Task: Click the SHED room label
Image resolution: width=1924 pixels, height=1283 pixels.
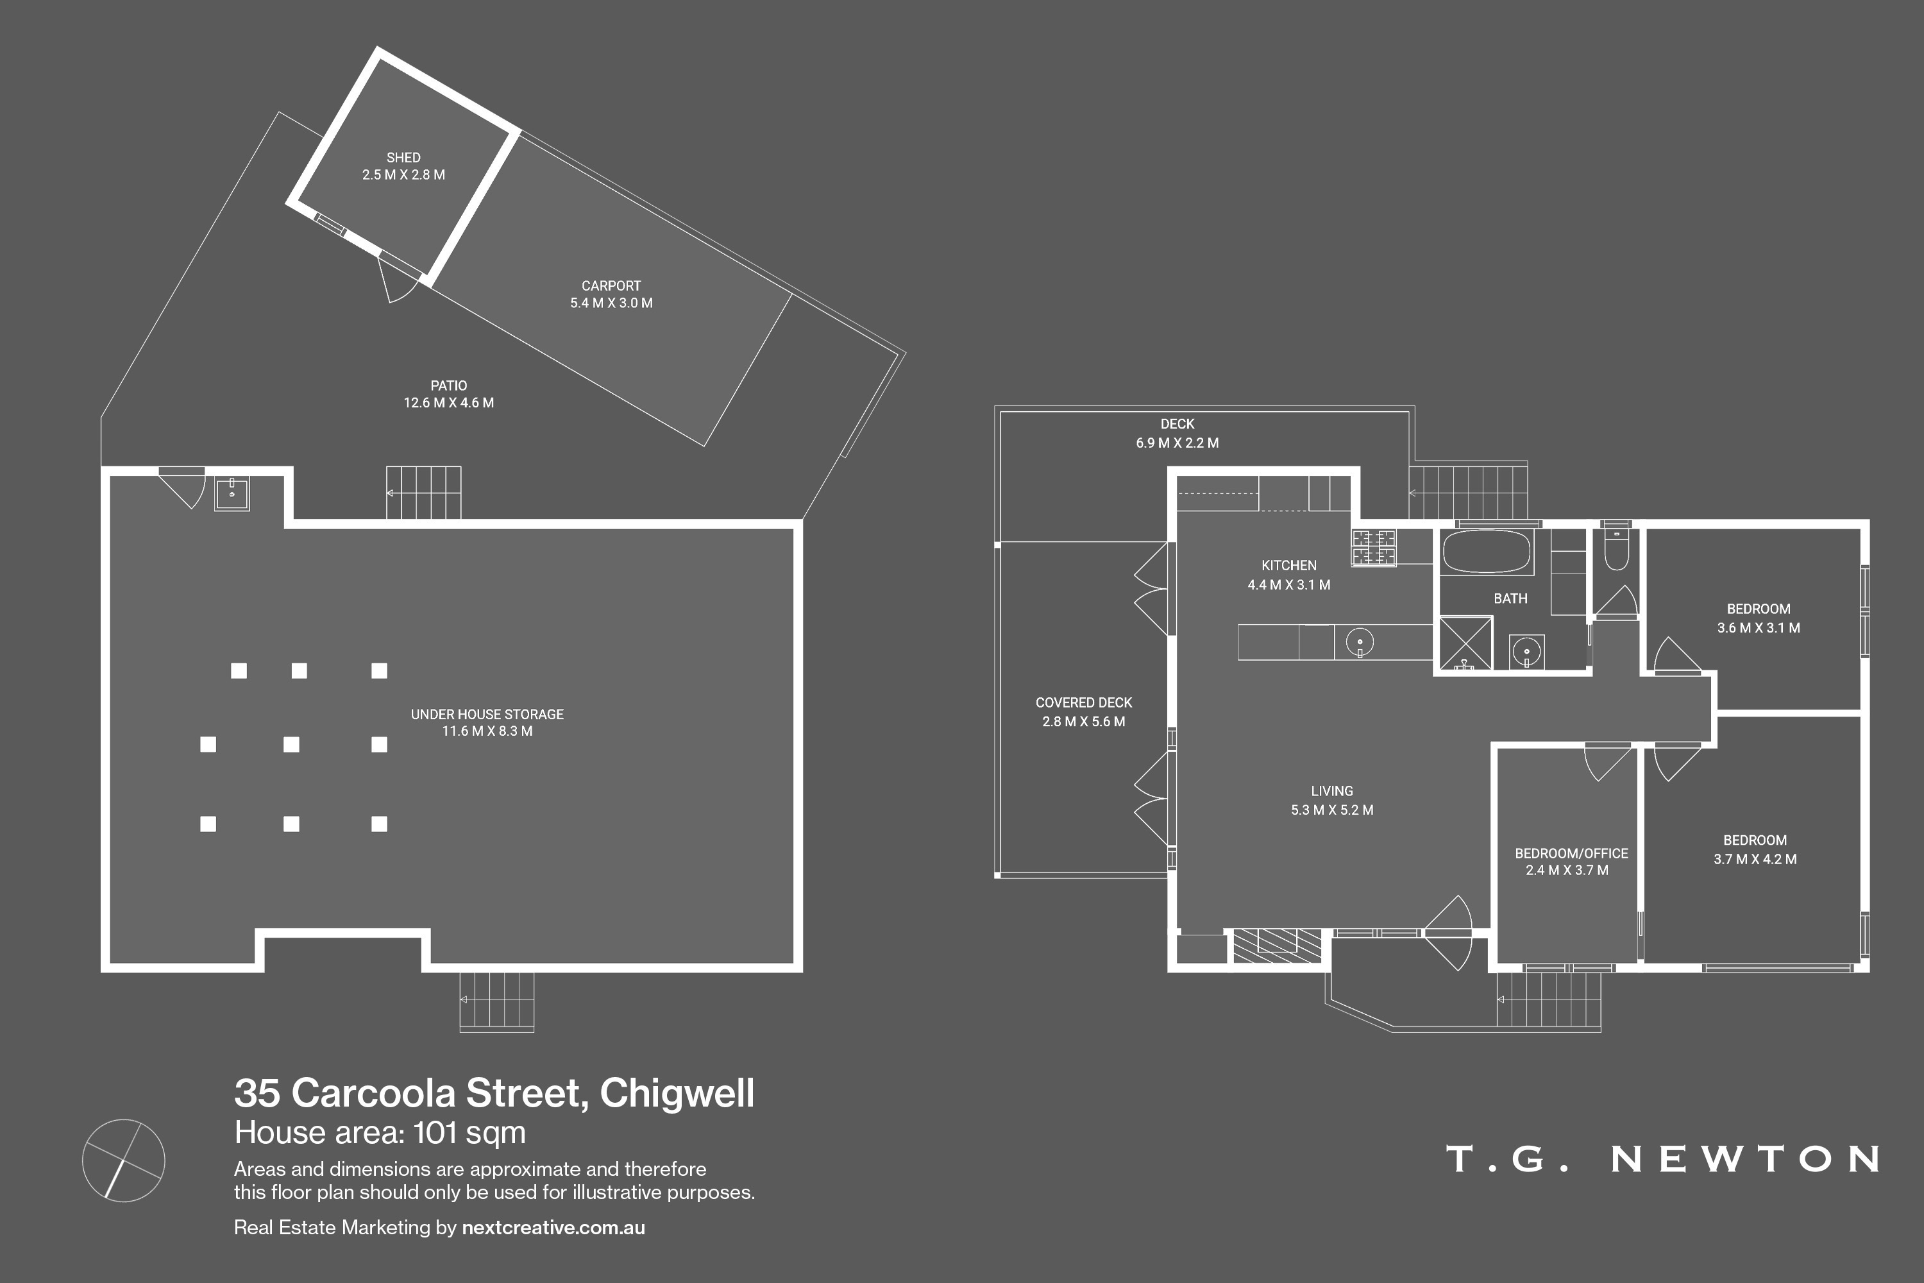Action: [403, 157]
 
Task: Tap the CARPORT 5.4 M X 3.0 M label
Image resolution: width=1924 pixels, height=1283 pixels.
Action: [611, 294]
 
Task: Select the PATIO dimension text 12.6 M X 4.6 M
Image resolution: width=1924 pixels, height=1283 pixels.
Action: [448, 403]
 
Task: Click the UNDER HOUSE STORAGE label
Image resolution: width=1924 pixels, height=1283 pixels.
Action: [487, 715]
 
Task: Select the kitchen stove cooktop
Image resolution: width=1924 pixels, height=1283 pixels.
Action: [1374, 547]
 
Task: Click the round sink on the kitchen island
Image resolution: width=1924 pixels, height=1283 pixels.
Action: [1360, 641]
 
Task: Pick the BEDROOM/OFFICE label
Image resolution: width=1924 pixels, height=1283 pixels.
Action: [1571, 853]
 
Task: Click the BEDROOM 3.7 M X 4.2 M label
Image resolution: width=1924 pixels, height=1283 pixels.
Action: [1755, 849]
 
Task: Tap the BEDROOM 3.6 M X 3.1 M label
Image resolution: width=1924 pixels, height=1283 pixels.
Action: [1758, 618]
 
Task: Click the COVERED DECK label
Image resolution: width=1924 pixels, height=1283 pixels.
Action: [1083, 703]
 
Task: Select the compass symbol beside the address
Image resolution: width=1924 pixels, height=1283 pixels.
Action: [124, 1160]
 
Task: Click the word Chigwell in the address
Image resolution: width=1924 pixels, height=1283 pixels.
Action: [677, 1093]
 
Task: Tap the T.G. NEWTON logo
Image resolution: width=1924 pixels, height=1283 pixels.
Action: [1663, 1159]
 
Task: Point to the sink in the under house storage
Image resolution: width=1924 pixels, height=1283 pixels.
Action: [232, 493]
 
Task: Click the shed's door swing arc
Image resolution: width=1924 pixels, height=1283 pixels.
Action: [398, 282]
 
